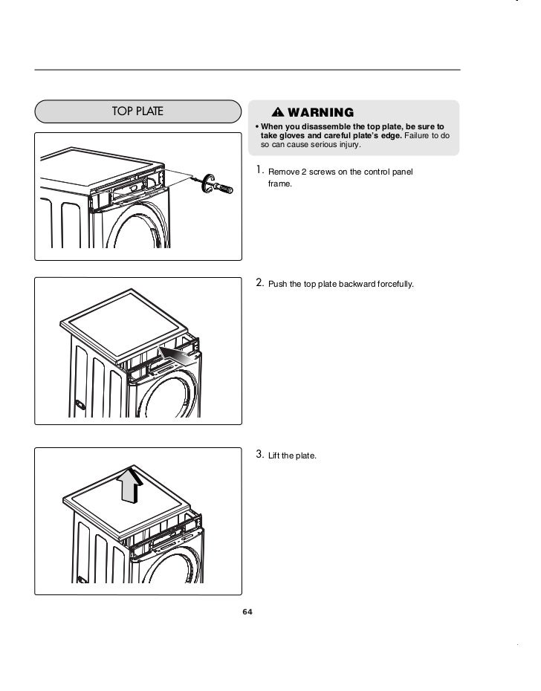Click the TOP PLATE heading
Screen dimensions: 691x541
[x=137, y=112]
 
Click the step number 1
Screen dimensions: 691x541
[x=259, y=171]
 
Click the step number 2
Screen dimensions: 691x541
[x=259, y=282]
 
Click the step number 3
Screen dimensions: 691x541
[x=259, y=453]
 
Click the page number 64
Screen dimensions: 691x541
[x=247, y=612]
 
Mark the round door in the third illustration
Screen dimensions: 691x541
[x=169, y=572]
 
